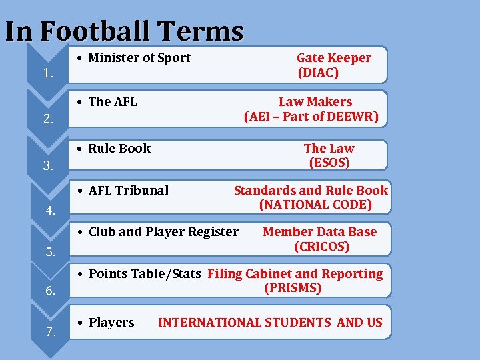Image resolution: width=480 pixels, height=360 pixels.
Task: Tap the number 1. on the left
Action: [48, 73]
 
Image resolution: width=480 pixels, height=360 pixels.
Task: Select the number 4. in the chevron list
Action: [50, 211]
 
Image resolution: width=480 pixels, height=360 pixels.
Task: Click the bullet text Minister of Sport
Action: [139, 58]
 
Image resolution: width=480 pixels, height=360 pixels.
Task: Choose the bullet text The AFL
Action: [113, 102]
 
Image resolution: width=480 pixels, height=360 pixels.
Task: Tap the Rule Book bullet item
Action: [119, 149]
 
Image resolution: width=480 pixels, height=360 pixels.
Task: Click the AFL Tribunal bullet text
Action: [129, 191]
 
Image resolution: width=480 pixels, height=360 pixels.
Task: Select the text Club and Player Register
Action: [163, 232]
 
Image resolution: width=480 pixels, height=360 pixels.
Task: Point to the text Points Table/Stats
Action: [145, 274]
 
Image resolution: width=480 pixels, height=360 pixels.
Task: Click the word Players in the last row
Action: [111, 323]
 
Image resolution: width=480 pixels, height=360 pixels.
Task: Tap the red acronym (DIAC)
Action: [318, 73]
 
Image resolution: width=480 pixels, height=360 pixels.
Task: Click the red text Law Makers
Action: [315, 102]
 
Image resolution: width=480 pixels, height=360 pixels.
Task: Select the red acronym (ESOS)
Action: [329, 163]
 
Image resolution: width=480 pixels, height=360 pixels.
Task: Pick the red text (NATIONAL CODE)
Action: [315, 205]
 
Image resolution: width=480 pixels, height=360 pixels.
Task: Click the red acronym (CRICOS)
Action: [322, 247]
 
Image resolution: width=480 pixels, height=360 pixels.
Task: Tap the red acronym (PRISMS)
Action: [293, 289]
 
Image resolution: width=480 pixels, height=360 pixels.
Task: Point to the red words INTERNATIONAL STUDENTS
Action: [244, 323]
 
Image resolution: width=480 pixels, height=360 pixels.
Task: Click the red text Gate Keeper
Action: [334, 58]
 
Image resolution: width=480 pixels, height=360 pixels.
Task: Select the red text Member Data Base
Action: [320, 232]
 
